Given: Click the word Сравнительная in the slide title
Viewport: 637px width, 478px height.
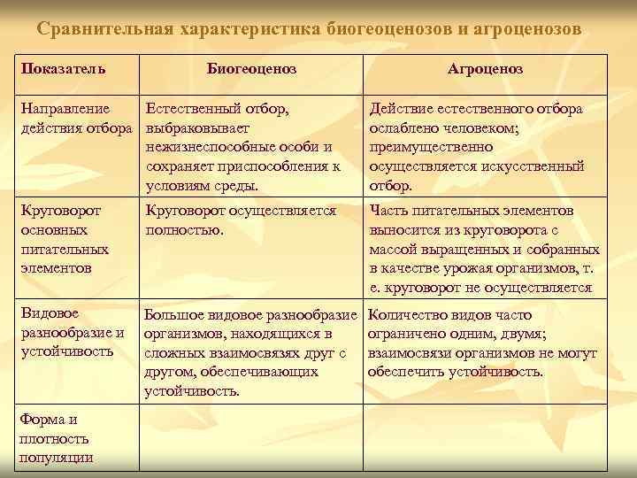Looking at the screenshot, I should pyautogui.click(x=107, y=28).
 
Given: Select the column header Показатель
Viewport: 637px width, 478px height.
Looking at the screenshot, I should pyautogui.click(x=63, y=69).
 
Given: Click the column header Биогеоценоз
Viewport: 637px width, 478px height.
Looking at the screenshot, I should pyautogui.click(x=251, y=69).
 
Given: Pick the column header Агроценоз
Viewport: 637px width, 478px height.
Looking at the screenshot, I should pyautogui.click(x=485, y=69).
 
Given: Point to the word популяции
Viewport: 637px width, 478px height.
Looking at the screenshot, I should pyautogui.click(x=56, y=457).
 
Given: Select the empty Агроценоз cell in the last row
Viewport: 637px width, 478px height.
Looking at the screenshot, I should pyautogui.click(x=484, y=437).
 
